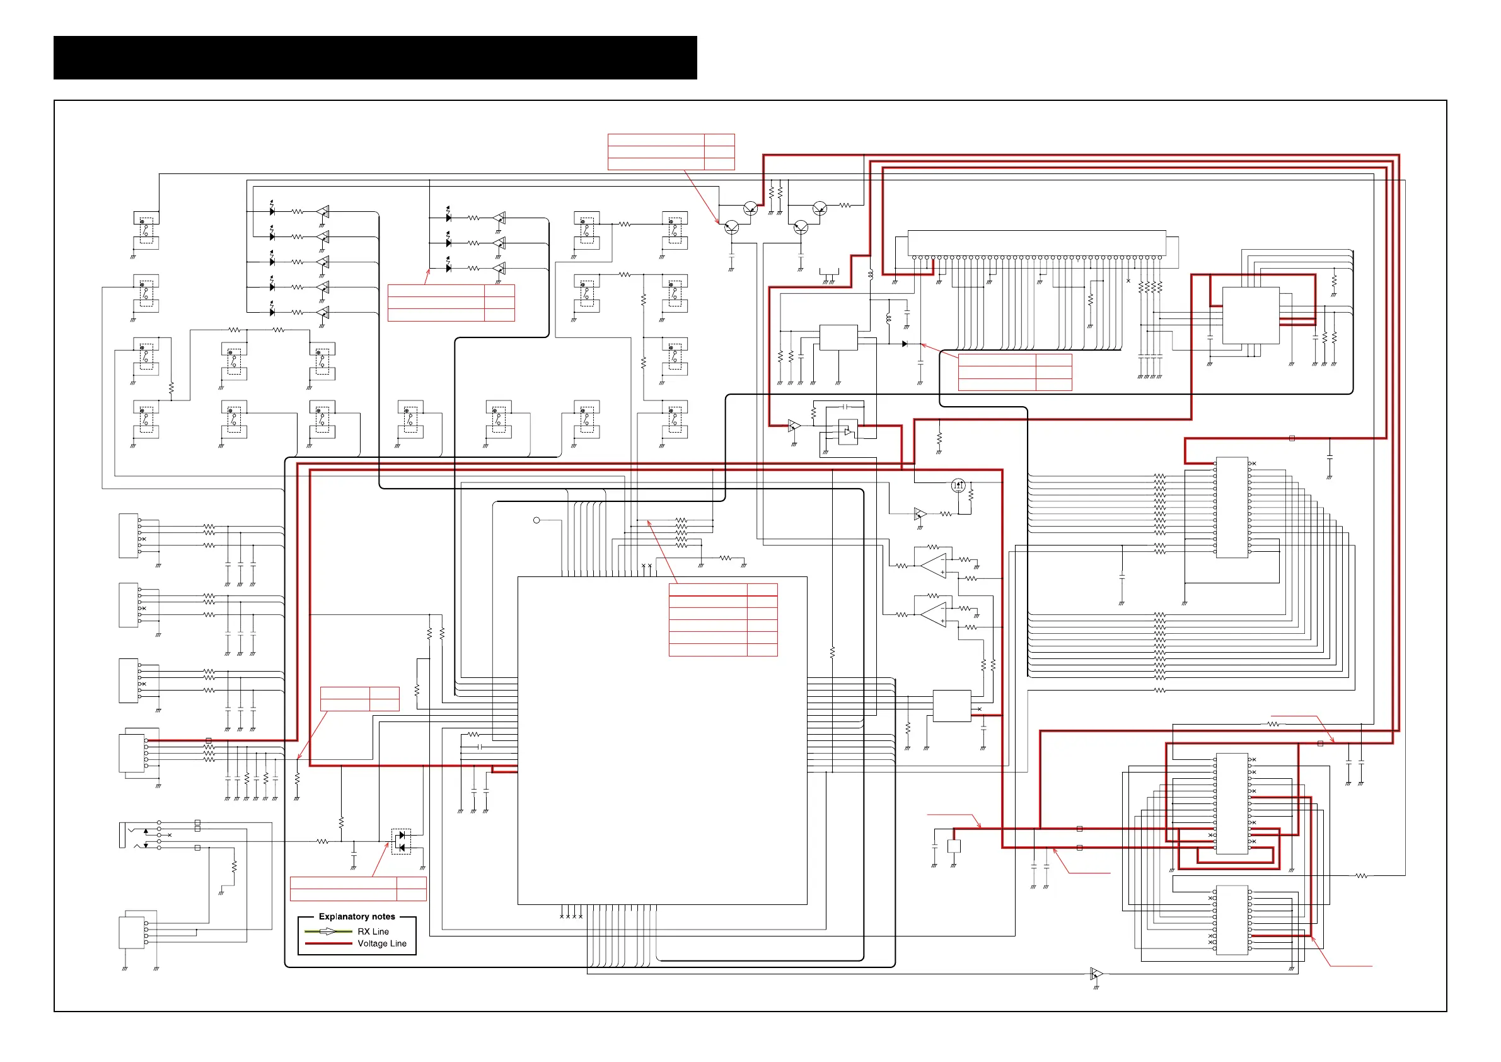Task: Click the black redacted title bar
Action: click(374, 57)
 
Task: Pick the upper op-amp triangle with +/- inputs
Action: click(934, 566)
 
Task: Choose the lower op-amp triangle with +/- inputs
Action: click(934, 615)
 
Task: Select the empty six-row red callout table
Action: click(722, 619)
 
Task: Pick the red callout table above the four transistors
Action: click(671, 152)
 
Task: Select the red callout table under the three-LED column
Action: click(451, 303)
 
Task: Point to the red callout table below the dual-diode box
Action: click(357, 889)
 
